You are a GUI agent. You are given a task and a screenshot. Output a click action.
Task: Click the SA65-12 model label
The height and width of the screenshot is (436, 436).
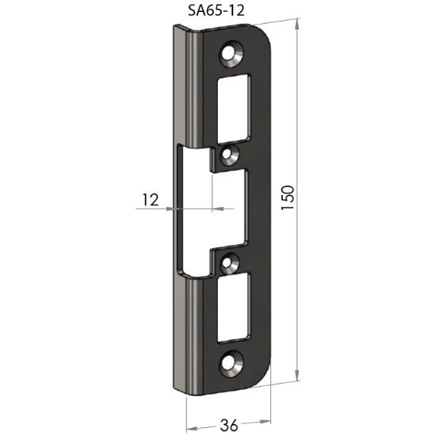pyautogui.click(x=216, y=10)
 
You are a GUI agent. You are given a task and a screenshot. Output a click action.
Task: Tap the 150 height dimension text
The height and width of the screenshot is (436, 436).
pyautogui.click(x=287, y=197)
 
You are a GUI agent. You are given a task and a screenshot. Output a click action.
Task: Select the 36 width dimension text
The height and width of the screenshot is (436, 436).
pyautogui.click(x=229, y=426)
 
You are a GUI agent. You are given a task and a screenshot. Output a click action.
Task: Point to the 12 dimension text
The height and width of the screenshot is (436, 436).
pyautogui.click(x=151, y=200)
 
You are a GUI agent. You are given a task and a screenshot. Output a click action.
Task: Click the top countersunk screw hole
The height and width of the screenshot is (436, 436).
pyautogui.click(x=231, y=54)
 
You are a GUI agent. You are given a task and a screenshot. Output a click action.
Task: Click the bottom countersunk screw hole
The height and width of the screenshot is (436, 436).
pyautogui.click(x=231, y=364)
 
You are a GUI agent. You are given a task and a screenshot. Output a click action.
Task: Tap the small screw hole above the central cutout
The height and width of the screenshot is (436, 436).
pyautogui.click(x=229, y=154)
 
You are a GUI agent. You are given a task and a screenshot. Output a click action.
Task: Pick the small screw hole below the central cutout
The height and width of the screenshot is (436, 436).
pyautogui.click(x=230, y=262)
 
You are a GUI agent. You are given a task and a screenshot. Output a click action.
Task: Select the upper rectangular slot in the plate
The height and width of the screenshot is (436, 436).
pyautogui.click(x=234, y=109)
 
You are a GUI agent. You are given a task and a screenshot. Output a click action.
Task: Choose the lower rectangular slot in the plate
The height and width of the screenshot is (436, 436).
pyautogui.click(x=234, y=308)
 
